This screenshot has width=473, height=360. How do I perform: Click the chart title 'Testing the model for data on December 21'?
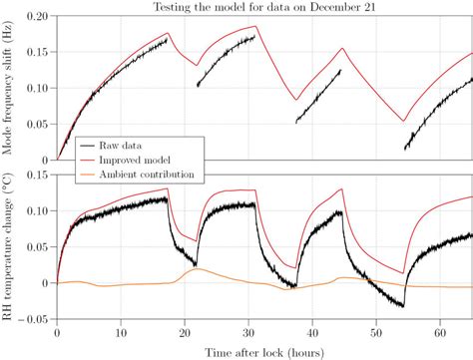tap(264, 8)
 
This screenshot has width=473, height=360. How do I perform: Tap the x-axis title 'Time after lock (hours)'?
tap(264, 351)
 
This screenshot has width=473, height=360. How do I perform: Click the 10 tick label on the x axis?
tap(121, 333)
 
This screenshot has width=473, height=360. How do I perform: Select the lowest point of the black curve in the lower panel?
tap(402, 305)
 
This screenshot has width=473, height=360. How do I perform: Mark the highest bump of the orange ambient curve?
tap(198, 269)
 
